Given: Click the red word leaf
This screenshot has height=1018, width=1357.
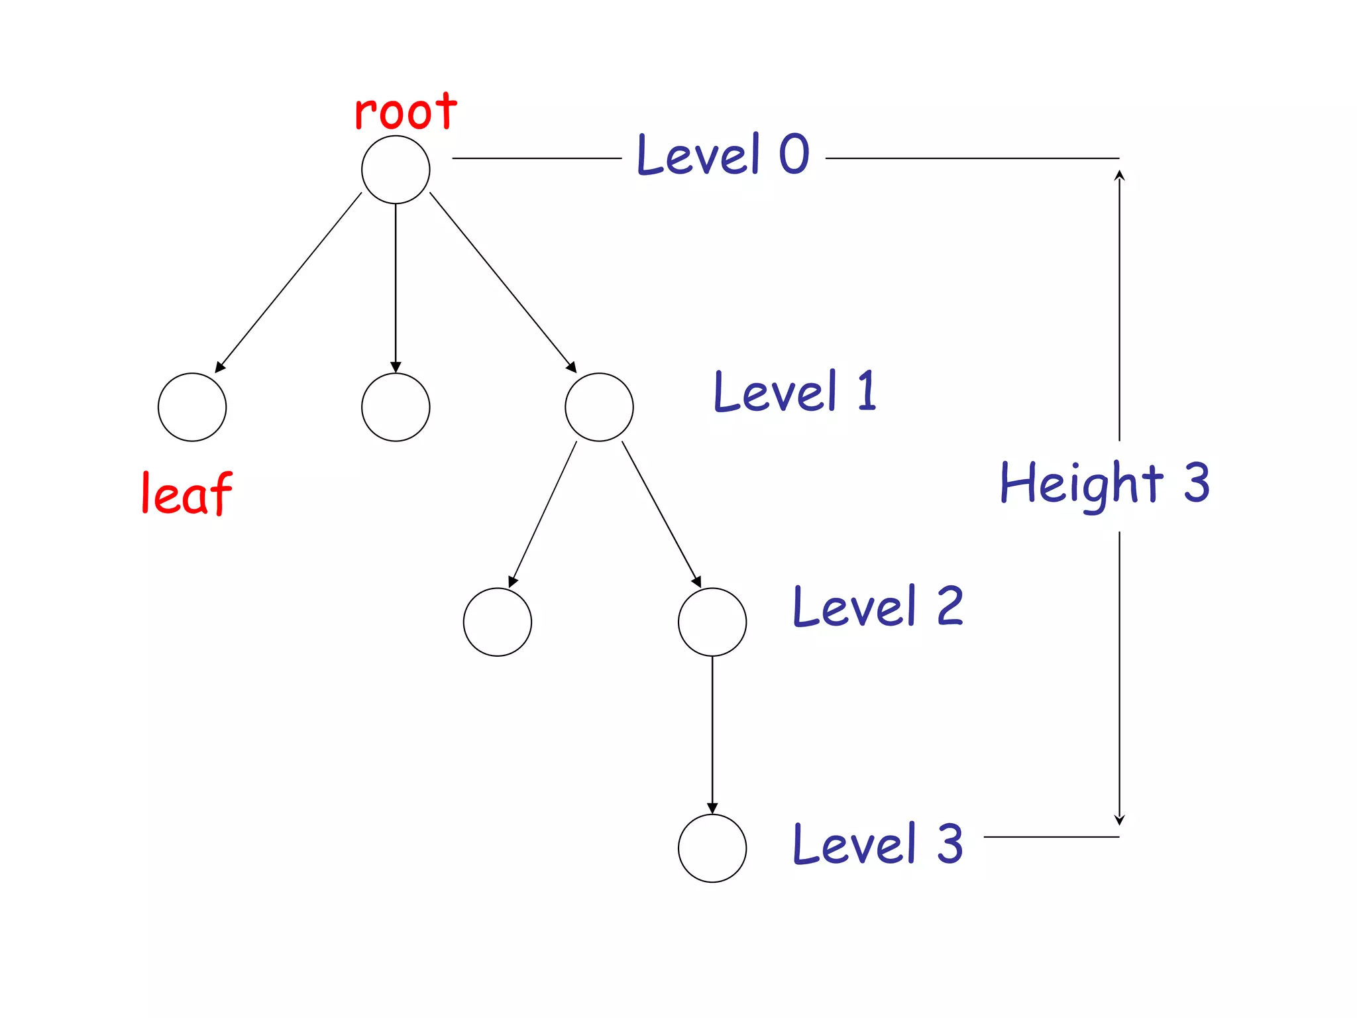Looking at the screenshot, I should coord(187,494).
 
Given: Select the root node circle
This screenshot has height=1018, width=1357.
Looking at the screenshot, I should coord(396,170).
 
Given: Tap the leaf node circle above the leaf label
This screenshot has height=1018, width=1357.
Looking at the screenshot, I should coord(192,407).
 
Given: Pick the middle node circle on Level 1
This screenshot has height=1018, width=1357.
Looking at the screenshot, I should coord(396,407).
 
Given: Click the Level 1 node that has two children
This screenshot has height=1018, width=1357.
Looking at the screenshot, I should coord(599,407).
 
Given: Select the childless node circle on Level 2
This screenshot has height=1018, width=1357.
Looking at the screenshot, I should coord(498,622).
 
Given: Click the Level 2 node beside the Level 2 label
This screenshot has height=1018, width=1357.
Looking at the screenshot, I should coord(712,622).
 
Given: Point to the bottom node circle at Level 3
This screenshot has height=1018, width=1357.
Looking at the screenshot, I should coord(712,848).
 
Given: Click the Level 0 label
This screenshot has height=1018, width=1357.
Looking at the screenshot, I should coord(723,154).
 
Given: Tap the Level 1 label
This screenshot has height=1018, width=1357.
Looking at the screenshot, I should coord(795,391).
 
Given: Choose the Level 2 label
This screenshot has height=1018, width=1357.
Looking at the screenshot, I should coord(878,606).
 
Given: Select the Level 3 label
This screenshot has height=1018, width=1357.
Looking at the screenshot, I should coord(878,844).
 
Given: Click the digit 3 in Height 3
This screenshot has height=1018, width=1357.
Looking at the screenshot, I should coord(1197,482).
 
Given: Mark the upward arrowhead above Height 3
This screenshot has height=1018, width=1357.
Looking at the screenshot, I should coord(1119,175).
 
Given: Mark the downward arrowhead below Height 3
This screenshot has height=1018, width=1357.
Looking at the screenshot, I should coord(1119,820).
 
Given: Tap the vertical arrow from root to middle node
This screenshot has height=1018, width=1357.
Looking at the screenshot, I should coord(396,285).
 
